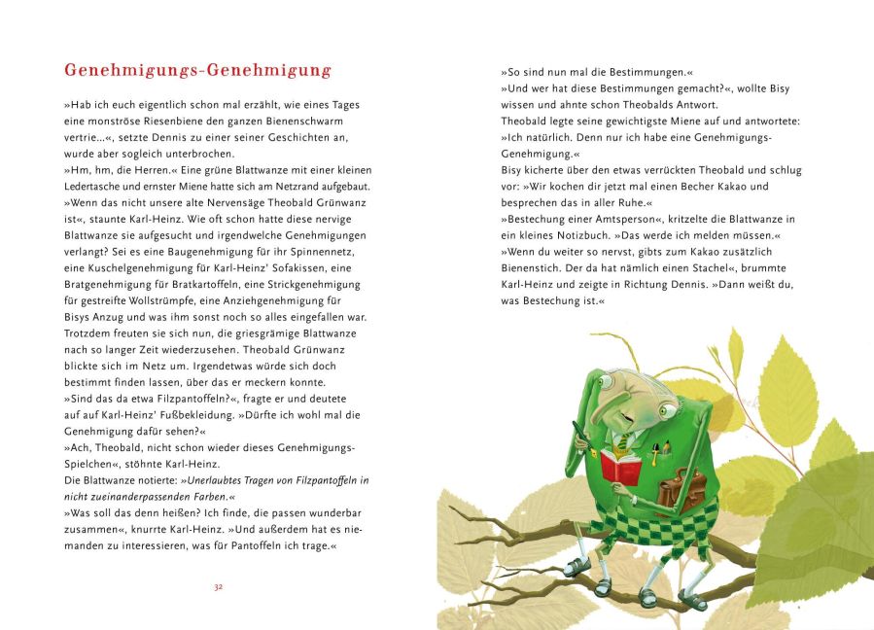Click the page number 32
(x=219, y=587)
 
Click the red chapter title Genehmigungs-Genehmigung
(x=197, y=71)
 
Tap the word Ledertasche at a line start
(x=96, y=186)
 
